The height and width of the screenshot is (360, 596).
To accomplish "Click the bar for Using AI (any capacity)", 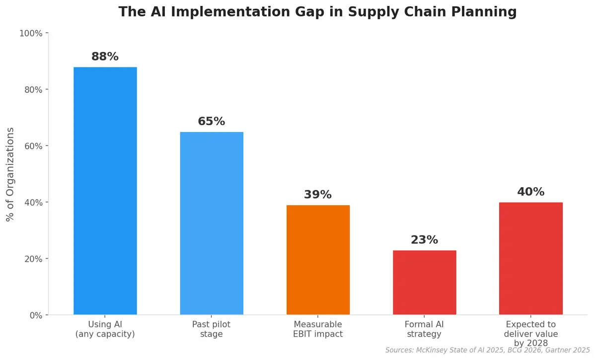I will (105, 191).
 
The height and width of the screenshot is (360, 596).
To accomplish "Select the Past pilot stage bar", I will (212, 223).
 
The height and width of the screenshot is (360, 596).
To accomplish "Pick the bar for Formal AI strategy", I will (424, 283).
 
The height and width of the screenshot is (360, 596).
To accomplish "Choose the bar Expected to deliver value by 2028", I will (530, 258).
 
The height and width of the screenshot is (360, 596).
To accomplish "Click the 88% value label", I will (105, 57).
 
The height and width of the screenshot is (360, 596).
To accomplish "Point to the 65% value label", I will (212, 121).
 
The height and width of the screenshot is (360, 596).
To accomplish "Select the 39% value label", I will (318, 195).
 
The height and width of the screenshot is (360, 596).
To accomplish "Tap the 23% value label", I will (424, 240).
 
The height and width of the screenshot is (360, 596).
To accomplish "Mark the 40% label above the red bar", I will (530, 192).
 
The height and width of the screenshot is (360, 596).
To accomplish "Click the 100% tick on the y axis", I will (30, 33).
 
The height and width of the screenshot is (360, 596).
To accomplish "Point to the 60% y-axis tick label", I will (32, 146).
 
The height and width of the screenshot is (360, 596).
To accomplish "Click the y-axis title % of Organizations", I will (10, 174).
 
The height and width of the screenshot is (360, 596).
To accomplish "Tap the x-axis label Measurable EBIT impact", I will (318, 329).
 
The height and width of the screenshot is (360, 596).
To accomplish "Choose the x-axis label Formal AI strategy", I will (424, 329).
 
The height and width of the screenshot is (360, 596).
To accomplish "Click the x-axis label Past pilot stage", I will (212, 329).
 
